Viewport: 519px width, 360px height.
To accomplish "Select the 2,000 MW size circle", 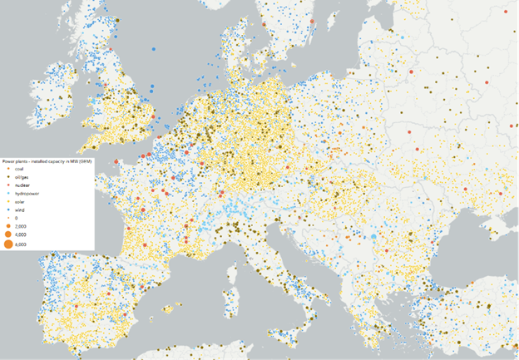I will [7, 225].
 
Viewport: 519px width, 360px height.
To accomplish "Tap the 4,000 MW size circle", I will [7, 234].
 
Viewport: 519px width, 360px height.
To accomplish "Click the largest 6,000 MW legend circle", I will [7, 244].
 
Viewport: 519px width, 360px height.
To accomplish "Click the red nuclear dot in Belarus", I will [411, 72].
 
